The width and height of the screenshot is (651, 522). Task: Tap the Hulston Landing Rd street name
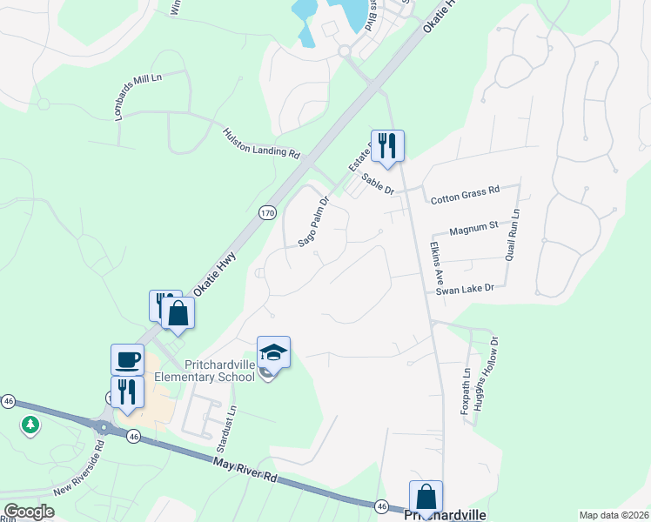click(261, 144)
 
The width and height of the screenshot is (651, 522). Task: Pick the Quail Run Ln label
click(512, 235)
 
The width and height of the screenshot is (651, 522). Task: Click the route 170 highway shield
click(267, 212)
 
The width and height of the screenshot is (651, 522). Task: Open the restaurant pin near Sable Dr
click(388, 145)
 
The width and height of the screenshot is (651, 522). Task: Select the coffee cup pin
click(127, 358)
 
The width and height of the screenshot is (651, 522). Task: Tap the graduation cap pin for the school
click(273, 351)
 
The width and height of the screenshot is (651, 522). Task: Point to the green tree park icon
click(31, 425)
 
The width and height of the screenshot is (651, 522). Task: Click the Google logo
click(29, 511)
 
